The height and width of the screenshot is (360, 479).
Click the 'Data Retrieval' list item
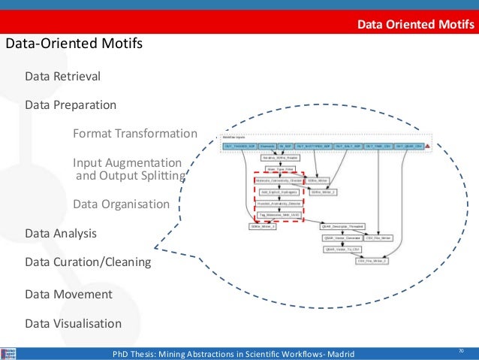click(62, 77)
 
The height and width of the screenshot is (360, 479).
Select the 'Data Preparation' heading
click(71, 104)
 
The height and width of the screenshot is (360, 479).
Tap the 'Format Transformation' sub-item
click(134, 134)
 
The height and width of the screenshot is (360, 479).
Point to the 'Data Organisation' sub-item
click(121, 204)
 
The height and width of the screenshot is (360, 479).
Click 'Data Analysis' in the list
click(61, 234)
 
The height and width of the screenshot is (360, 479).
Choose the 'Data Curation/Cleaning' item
click(88, 262)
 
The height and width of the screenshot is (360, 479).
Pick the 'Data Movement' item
click(68, 294)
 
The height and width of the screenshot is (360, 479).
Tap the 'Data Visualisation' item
click(73, 324)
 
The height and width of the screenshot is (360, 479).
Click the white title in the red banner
click(415, 24)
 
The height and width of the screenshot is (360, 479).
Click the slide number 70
click(461, 351)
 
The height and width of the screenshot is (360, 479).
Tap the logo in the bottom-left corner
click(9, 353)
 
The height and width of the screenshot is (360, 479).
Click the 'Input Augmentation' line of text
click(127, 163)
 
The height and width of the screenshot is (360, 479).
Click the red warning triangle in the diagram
click(427, 146)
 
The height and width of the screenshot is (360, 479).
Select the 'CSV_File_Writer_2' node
click(372, 261)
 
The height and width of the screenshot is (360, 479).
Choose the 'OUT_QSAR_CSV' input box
click(408, 146)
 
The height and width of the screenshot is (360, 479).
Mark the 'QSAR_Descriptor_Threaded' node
click(342, 225)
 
